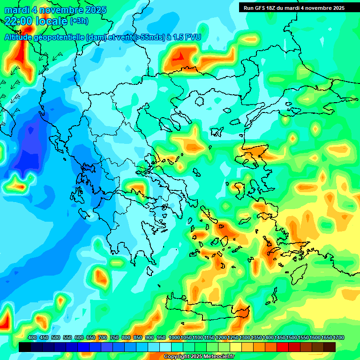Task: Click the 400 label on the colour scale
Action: (32, 337)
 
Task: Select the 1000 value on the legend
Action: (174, 337)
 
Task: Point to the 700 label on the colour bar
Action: (103, 337)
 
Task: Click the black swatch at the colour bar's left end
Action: (25, 347)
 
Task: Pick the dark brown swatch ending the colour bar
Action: (330, 347)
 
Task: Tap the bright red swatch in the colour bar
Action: (283, 347)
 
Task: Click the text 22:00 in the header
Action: (19, 21)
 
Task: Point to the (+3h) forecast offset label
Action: (79, 21)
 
